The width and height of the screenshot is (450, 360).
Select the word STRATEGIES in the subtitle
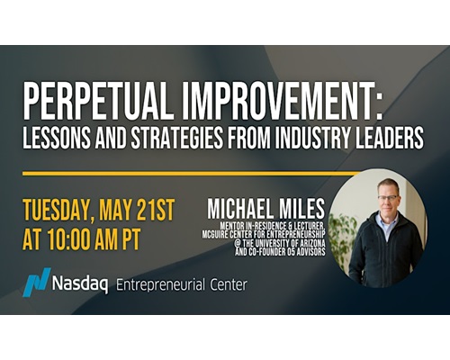(177, 137)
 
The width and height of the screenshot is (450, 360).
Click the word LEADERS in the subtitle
(390, 137)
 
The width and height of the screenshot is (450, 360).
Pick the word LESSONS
(57, 137)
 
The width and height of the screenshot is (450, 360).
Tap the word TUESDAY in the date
(59, 211)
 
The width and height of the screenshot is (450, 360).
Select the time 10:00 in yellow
(71, 239)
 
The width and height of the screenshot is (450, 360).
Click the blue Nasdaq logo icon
(37, 282)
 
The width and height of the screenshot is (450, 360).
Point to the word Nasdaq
(80, 284)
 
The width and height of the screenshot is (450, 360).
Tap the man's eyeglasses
(388, 197)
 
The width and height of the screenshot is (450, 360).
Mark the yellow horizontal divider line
(192, 174)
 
